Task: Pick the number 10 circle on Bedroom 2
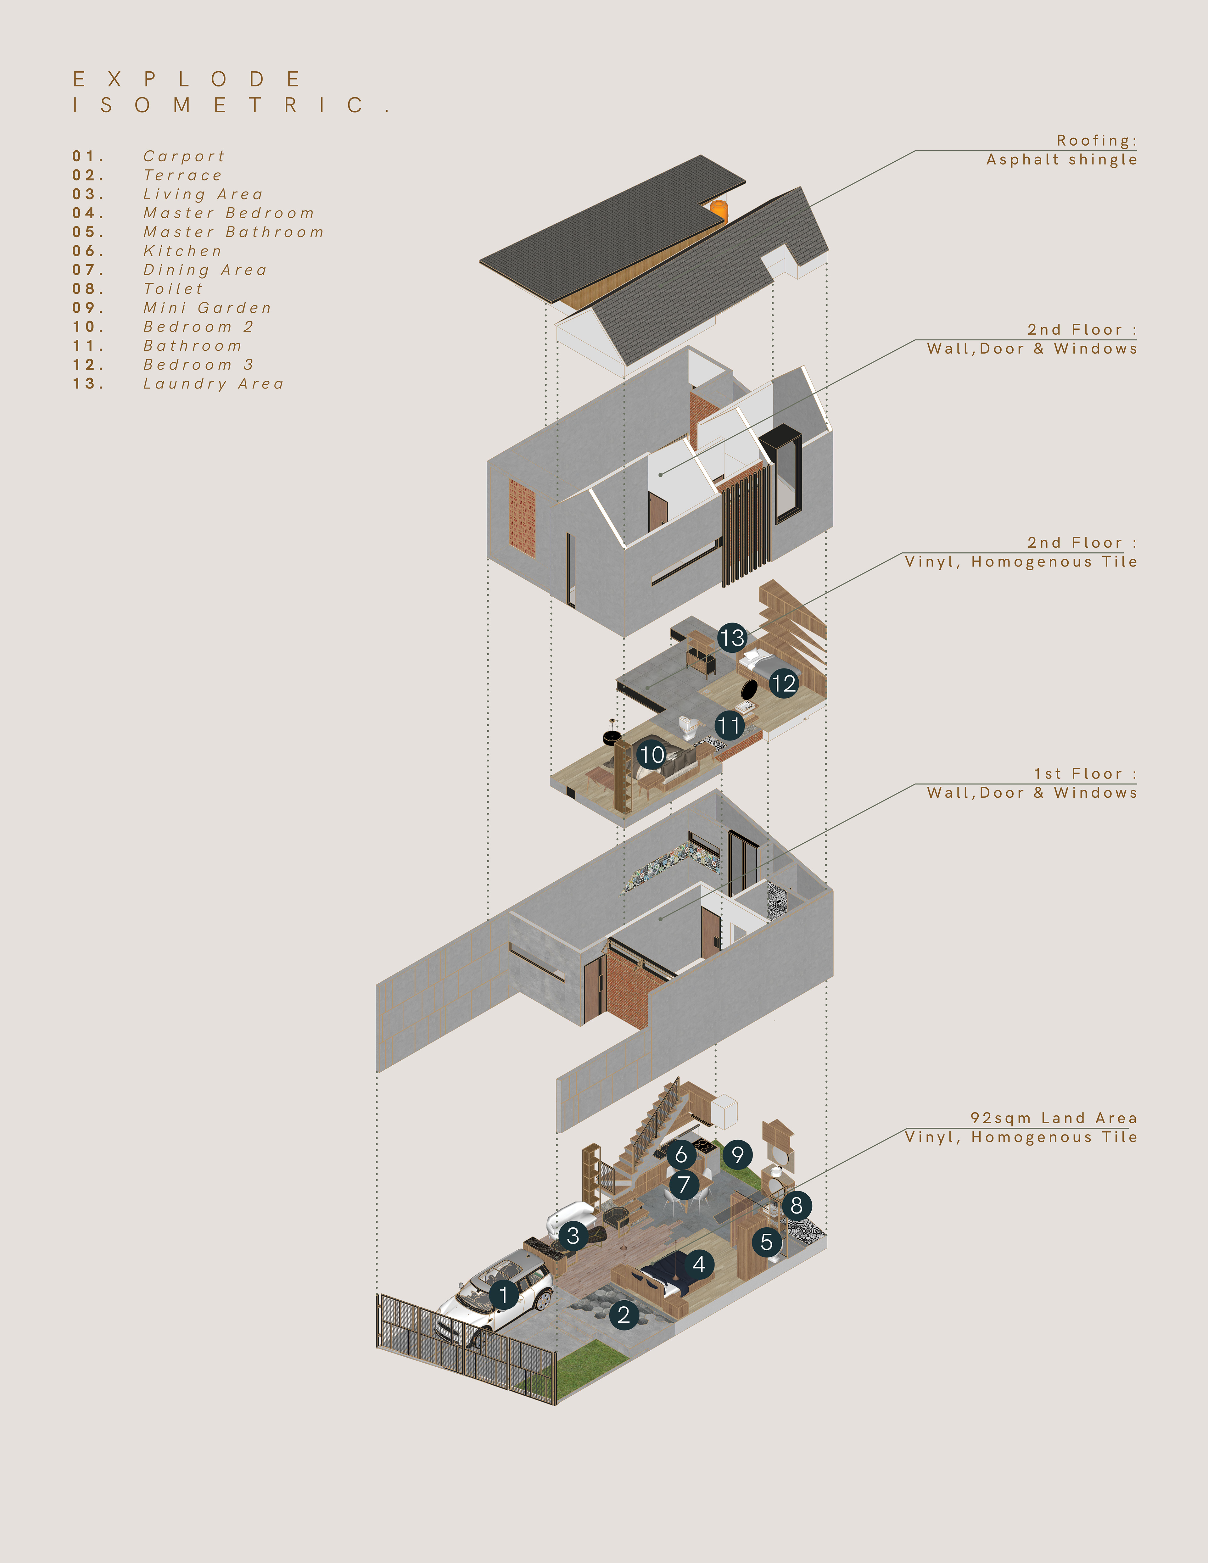(651, 754)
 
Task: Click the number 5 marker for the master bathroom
(766, 1242)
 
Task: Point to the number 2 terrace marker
(624, 1315)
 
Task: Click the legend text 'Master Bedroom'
(228, 213)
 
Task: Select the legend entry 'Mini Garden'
(208, 308)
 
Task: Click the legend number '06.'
(88, 251)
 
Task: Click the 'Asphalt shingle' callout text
(1061, 159)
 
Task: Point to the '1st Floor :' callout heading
(1084, 773)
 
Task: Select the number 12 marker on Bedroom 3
(784, 684)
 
